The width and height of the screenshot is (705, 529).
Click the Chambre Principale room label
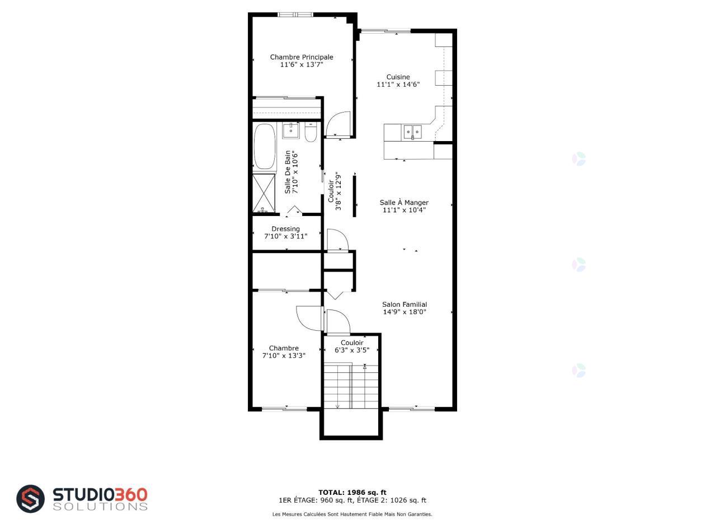[x=302, y=57]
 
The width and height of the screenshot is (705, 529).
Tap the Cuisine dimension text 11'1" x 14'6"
[x=398, y=85]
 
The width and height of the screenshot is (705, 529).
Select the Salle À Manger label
[x=404, y=203]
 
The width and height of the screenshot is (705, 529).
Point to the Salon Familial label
[x=405, y=305]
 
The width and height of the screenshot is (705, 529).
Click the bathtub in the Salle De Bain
[x=264, y=147]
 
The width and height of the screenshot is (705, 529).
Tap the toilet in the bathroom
[x=311, y=132]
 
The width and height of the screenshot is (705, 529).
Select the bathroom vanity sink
[x=291, y=131]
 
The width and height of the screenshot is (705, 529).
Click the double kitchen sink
[x=412, y=132]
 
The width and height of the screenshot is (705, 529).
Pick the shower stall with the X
[x=264, y=193]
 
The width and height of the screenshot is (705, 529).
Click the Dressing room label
[x=285, y=229]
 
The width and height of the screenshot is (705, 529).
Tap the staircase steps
[x=351, y=386]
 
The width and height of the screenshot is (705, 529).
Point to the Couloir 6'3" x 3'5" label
[x=352, y=347]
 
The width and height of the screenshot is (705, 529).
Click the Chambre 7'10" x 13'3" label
[x=284, y=352]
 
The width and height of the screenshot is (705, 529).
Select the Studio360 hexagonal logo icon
[x=30, y=499]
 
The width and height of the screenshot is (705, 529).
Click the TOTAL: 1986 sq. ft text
[x=352, y=493]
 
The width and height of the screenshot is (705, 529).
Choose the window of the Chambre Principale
[x=295, y=15]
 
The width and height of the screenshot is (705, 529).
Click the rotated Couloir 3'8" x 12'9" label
[x=334, y=191]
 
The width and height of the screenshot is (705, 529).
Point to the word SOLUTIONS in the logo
[x=100, y=507]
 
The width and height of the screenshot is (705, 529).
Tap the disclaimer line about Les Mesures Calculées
[x=352, y=514]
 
